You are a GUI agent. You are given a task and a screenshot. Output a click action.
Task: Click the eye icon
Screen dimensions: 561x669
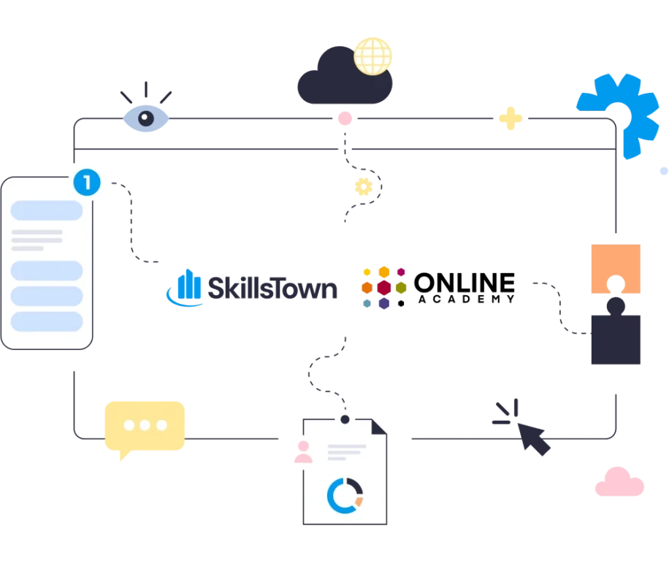click(146, 119)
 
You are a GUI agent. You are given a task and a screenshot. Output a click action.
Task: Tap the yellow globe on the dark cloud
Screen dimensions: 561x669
click(373, 56)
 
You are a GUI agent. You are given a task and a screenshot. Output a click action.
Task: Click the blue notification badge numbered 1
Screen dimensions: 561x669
click(86, 182)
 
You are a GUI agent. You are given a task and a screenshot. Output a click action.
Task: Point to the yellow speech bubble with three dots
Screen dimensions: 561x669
click(144, 427)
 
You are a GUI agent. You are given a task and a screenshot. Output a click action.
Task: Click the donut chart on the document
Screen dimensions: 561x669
click(345, 495)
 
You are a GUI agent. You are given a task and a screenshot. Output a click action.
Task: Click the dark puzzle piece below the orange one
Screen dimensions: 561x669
click(616, 336)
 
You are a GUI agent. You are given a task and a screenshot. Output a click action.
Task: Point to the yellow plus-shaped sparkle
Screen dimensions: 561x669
click(511, 118)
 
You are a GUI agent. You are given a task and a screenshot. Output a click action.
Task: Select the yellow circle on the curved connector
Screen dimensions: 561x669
click(363, 187)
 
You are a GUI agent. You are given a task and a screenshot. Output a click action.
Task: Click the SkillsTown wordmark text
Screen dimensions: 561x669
click(274, 290)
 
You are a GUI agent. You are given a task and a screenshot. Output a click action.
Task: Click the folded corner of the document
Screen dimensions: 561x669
click(381, 425)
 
